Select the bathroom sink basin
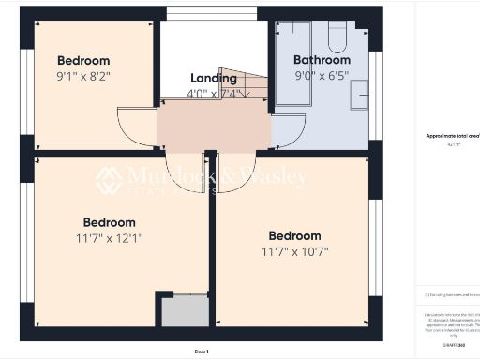[361, 96]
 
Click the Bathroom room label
[322, 60]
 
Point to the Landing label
[214, 78]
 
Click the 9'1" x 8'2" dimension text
[83, 77]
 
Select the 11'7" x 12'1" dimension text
[109, 238]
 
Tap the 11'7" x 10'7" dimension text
[294, 251]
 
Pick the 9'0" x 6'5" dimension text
[322, 75]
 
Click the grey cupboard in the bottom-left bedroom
[184, 311]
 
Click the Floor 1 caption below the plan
[202, 351]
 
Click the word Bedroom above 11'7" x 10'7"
[294, 236]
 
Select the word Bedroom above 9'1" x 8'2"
[83, 61]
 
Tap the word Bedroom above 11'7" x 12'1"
[109, 222]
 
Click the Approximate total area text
[452, 137]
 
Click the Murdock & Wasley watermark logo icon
[108, 179]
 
